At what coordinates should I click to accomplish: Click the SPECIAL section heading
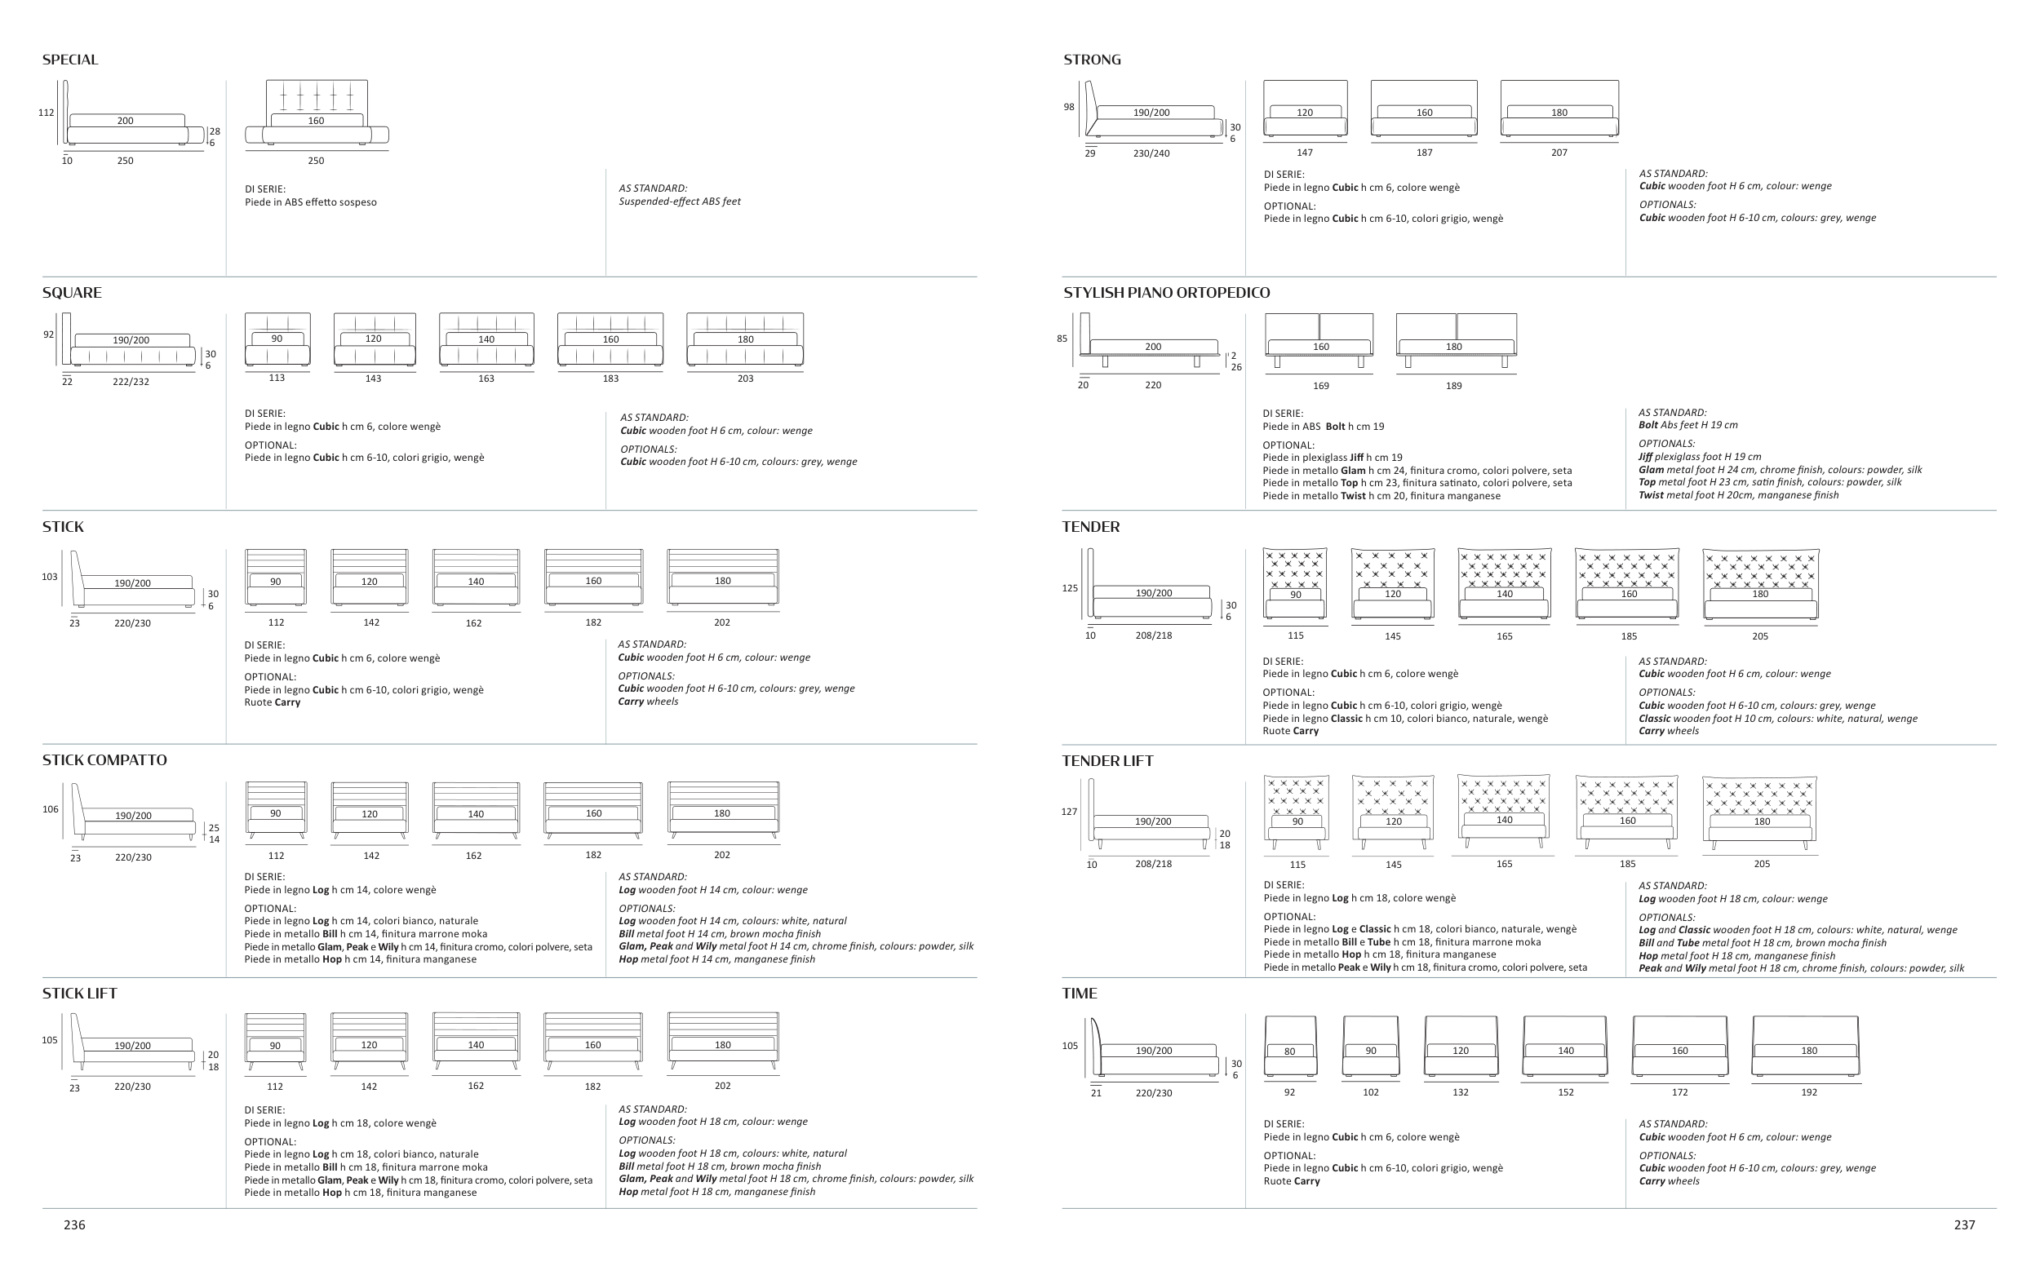pyautogui.click(x=70, y=60)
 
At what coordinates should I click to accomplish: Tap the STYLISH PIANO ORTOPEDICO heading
pyautogui.click(x=1166, y=293)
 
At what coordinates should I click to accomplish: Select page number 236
pyautogui.click(x=74, y=1225)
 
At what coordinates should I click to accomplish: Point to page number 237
pyautogui.click(x=1964, y=1225)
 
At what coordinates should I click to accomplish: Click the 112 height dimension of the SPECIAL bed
pyautogui.click(x=47, y=112)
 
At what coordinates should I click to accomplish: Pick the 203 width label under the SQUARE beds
pyautogui.click(x=746, y=379)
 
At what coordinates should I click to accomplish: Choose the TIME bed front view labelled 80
pyautogui.click(x=1290, y=1047)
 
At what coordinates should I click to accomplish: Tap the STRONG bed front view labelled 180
pyautogui.click(x=1559, y=108)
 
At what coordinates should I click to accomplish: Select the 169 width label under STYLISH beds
pyautogui.click(x=1320, y=386)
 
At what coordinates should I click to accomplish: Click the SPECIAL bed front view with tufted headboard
pyautogui.click(x=317, y=113)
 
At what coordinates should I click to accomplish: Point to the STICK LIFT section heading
pyautogui.click(x=79, y=994)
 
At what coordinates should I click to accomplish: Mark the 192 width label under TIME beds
pyautogui.click(x=1809, y=1092)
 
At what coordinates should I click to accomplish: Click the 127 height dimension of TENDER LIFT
pyautogui.click(x=1069, y=812)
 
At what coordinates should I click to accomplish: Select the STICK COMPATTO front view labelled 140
pyautogui.click(x=477, y=810)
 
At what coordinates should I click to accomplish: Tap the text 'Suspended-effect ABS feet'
pyautogui.click(x=680, y=201)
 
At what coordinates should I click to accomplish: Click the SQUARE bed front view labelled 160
pyautogui.click(x=610, y=341)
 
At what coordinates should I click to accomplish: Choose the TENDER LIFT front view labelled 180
pyautogui.click(x=1760, y=813)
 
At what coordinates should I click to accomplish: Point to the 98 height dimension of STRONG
pyautogui.click(x=1069, y=107)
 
